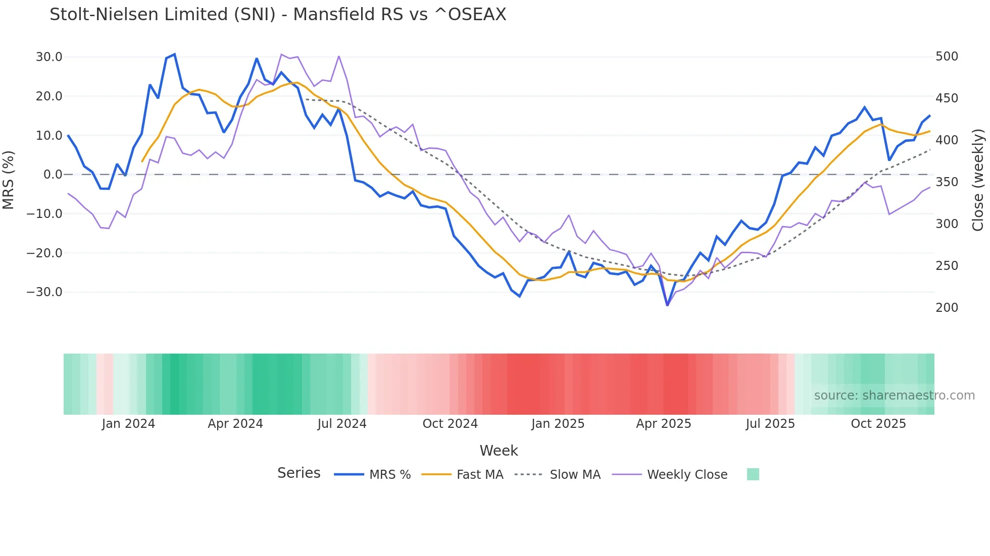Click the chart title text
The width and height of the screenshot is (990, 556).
click(x=278, y=15)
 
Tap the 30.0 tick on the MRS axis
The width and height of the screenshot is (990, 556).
click(x=49, y=57)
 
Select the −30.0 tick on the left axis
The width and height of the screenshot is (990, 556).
click(x=44, y=292)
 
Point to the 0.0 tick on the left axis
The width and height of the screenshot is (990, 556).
click(x=53, y=175)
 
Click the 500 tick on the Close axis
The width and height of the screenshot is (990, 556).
click(x=947, y=57)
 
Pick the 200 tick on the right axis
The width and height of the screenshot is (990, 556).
click(x=947, y=308)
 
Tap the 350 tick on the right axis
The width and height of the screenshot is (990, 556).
click(x=947, y=182)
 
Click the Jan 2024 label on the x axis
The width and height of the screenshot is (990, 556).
click(x=128, y=424)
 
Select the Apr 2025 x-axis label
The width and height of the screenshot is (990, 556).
click(x=663, y=424)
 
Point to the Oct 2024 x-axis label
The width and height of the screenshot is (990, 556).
click(x=450, y=424)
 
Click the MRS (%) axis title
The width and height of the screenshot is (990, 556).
click(x=8, y=180)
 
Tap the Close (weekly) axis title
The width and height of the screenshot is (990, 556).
click(x=978, y=180)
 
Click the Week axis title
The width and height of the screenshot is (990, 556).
click(x=499, y=451)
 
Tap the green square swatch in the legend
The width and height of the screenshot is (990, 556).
click(x=753, y=474)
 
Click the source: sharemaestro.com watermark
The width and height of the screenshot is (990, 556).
click(x=894, y=396)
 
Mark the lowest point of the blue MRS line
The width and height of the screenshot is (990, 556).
click(x=667, y=305)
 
